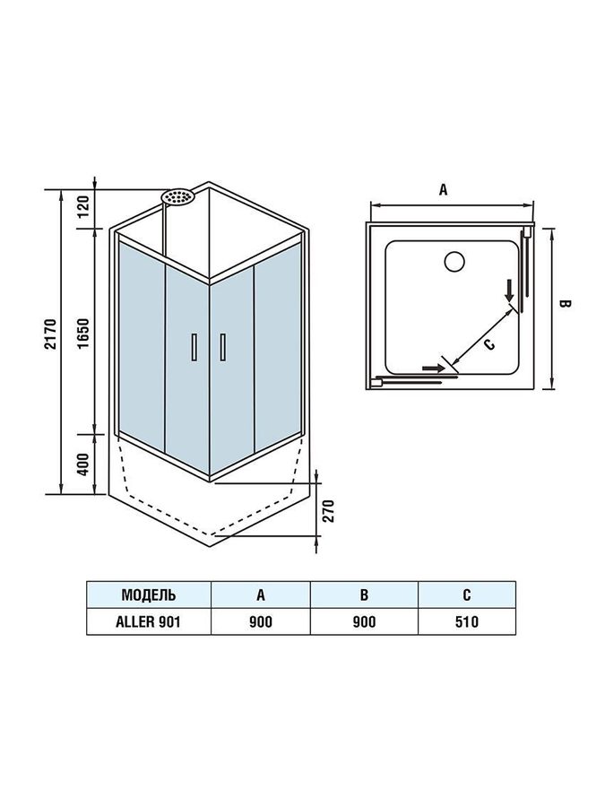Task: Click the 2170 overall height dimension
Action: click(x=51, y=334)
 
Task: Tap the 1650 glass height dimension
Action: click(x=85, y=333)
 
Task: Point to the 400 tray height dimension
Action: click(x=85, y=464)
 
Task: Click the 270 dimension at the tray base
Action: click(x=329, y=510)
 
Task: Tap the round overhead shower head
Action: click(x=177, y=197)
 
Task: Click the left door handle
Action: click(x=194, y=347)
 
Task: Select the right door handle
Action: click(x=222, y=347)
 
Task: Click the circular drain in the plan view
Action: click(x=454, y=262)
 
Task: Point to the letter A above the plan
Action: click(x=444, y=189)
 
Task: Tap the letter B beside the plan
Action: click(x=565, y=304)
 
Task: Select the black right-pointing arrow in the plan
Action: click(x=433, y=368)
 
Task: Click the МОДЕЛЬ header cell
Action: click(x=149, y=595)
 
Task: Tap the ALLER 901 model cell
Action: click(x=148, y=621)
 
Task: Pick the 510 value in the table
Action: click(x=467, y=621)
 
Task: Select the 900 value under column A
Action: click(x=261, y=621)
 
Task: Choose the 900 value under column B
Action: click(x=364, y=621)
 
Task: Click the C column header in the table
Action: click(x=467, y=595)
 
